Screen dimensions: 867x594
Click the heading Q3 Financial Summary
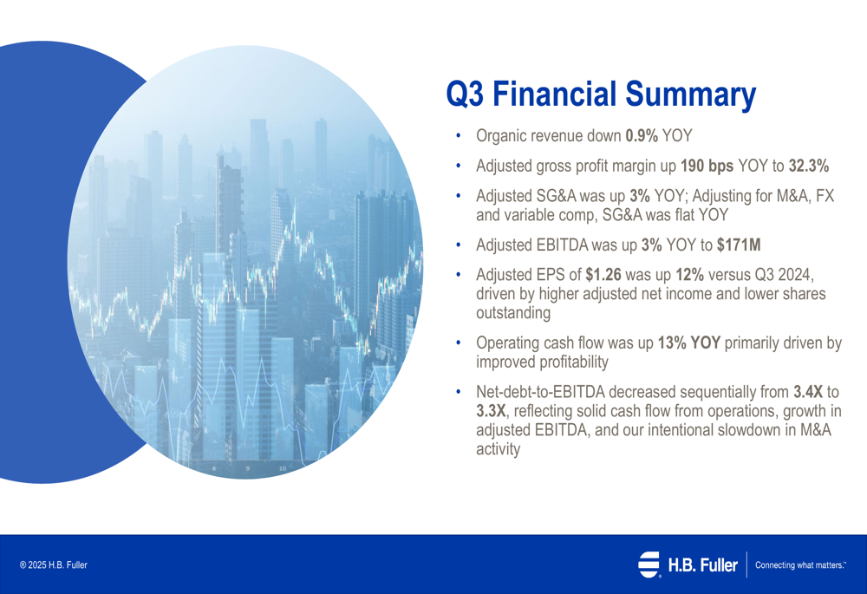[601, 94]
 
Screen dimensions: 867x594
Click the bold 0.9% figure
[642, 136]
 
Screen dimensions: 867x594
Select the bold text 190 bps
[707, 166]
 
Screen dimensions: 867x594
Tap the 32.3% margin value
[808, 166]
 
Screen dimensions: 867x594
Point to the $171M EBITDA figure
[739, 245]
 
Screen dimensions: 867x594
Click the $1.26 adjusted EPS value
[603, 275]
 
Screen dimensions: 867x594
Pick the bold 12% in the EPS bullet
[689, 275]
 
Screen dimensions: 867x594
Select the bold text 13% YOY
[689, 343]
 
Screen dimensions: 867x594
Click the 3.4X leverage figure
[808, 392]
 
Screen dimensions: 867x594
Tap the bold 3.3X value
[491, 411]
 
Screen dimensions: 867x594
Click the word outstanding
[513, 313]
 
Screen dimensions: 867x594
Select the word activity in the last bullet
[499, 449]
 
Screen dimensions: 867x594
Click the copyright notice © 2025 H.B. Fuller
[54, 565]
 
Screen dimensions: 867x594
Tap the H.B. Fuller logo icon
[649, 565]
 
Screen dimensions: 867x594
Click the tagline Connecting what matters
[800, 565]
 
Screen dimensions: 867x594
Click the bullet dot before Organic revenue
[458, 136]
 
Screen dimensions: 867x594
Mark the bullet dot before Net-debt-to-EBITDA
[458, 392]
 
